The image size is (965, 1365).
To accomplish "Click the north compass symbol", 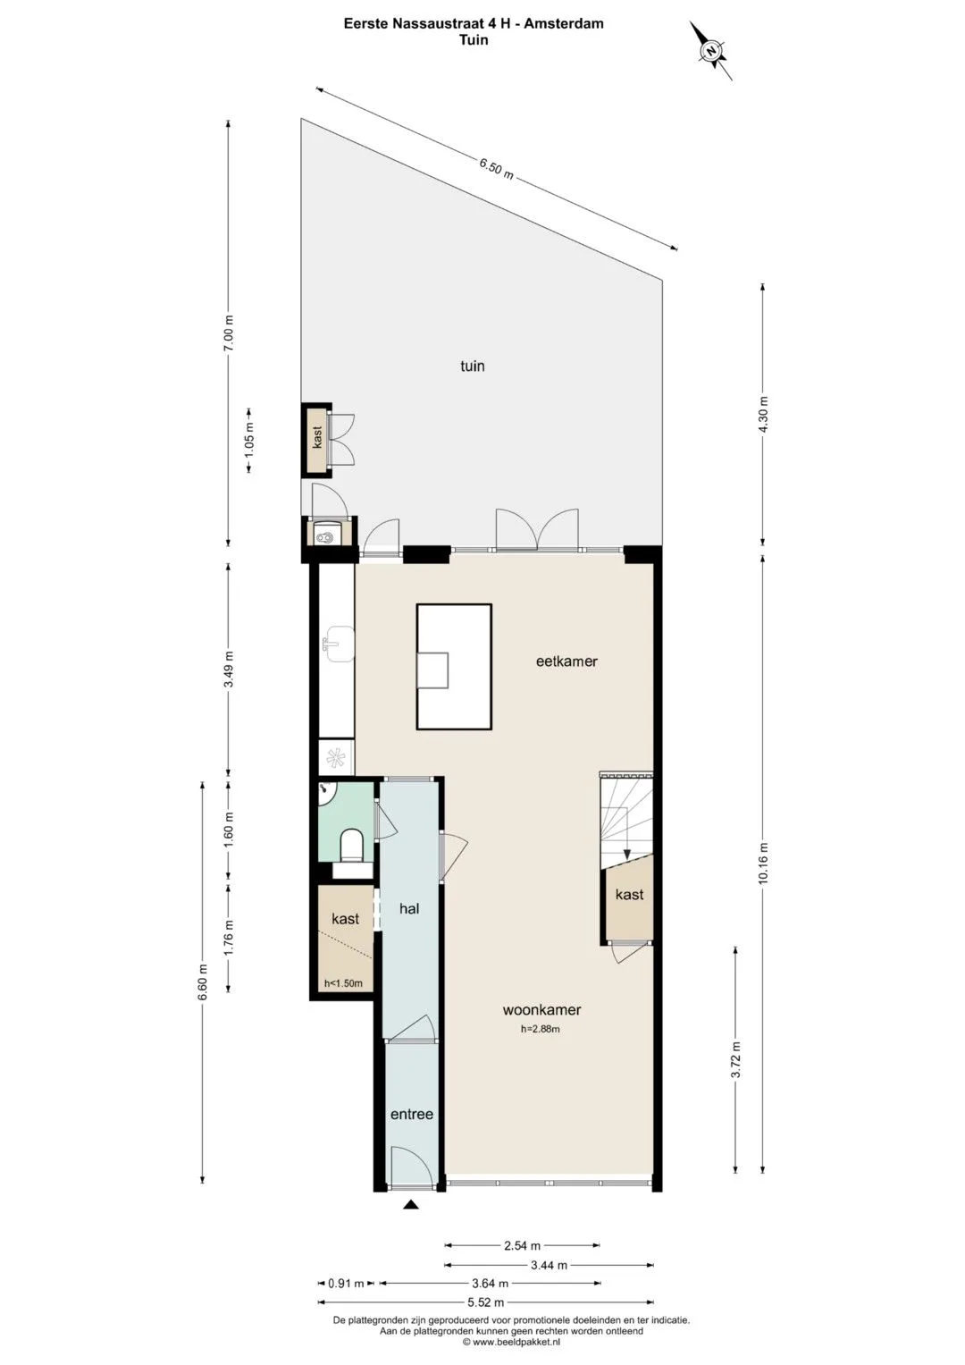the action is point(711,51).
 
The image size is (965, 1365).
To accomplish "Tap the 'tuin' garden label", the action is point(472,366).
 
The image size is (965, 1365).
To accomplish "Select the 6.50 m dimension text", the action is point(496,167).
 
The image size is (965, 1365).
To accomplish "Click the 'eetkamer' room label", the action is point(566,661).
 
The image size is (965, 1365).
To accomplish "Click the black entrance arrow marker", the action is point(412,1204).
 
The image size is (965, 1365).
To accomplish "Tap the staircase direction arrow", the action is point(627,851).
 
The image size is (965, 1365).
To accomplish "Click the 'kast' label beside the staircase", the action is point(629,894).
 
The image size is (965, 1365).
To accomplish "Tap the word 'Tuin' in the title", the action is point(474,40).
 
